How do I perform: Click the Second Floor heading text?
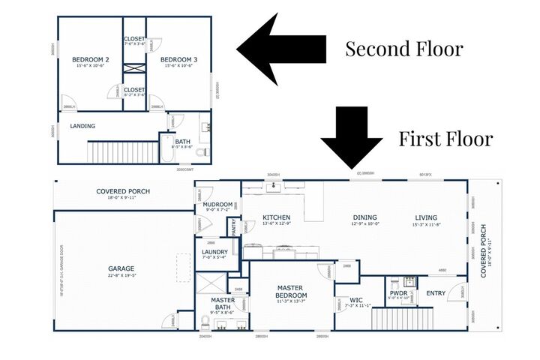tap(403, 50)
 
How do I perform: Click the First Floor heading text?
tap(445, 139)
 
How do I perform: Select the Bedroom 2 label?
tap(91, 59)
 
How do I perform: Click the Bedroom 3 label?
tap(179, 59)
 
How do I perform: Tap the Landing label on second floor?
tap(82, 126)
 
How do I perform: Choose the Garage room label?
tap(121, 268)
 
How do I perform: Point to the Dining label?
tap(365, 218)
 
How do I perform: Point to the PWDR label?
tap(398, 292)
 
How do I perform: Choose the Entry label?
tap(435, 292)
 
